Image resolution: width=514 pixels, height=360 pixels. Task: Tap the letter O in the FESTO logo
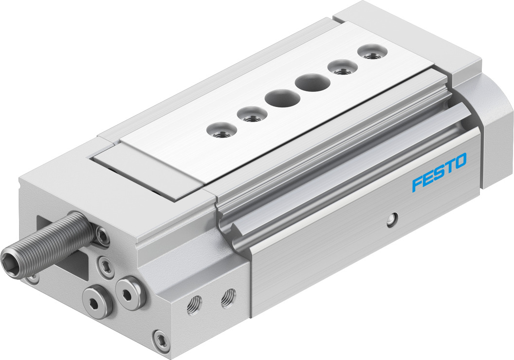tap(459, 161)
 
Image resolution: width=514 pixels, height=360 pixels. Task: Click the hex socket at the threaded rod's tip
tap(9, 261)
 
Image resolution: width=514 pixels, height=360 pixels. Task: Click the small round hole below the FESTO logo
tap(392, 219)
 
